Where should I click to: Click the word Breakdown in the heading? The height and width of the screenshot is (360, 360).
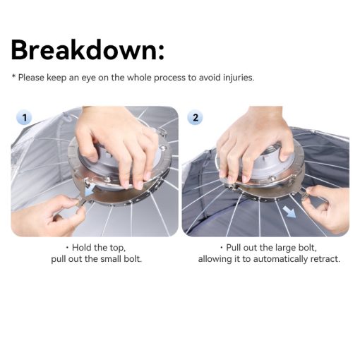(x=83, y=50)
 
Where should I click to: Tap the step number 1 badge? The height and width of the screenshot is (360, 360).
(x=25, y=118)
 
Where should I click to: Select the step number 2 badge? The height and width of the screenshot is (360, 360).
(x=196, y=117)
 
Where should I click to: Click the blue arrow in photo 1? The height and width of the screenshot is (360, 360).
(x=90, y=191)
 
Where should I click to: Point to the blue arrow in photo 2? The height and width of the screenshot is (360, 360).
(x=289, y=211)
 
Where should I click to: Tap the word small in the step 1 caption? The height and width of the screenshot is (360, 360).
(x=110, y=259)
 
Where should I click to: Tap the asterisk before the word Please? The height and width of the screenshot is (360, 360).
(x=13, y=76)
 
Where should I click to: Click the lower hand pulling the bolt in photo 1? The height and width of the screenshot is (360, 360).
(x=47, y=216)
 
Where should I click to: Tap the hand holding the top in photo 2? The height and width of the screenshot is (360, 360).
(x=254, y=147)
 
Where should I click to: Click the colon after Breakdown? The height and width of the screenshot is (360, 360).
(x=161, y=52)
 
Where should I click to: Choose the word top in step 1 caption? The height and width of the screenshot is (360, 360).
(x=117, y=248)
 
